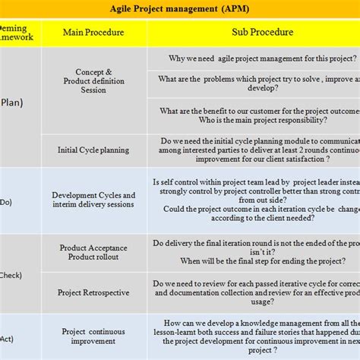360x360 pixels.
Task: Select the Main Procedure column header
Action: [93, 33]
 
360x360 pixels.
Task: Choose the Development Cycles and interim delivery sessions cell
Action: [93, 200]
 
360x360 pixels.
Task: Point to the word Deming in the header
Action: [16, 27]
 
